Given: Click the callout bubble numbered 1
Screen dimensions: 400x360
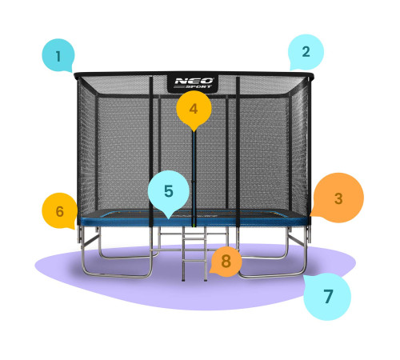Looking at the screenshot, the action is click(x=58, y=55).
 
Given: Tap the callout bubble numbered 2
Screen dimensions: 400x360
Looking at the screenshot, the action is click(x=306, y=52).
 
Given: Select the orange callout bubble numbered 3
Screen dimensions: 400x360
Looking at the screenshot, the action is click(x=338, y=198).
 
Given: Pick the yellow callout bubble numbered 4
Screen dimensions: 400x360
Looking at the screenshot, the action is click(x=194, y=109).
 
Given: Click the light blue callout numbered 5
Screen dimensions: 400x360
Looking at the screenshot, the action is click(x=169, y=190).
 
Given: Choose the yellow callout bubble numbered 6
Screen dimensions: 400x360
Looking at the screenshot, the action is click(x=60, y=211).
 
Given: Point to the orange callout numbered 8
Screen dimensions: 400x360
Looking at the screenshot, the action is click(x=226, y=262).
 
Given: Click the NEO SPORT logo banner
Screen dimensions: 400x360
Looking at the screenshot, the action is click(x=193, y=84).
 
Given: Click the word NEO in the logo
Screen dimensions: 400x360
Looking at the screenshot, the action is click(x=194, y=81).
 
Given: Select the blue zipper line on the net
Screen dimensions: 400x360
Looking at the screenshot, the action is click(x=194, y=178).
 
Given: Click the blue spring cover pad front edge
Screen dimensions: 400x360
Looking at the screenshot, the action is click(x=194, y=222).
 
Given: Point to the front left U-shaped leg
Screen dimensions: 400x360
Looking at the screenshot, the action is click(x=117, y=276).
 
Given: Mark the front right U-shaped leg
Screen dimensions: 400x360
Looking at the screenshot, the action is click(x=272, y=276).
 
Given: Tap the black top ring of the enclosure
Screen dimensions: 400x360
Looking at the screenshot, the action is click(x=194, y=74).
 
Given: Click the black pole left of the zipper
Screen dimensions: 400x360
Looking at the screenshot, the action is click(x=151, y=151).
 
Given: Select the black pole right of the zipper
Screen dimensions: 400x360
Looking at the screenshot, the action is click(x=238, y=151).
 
